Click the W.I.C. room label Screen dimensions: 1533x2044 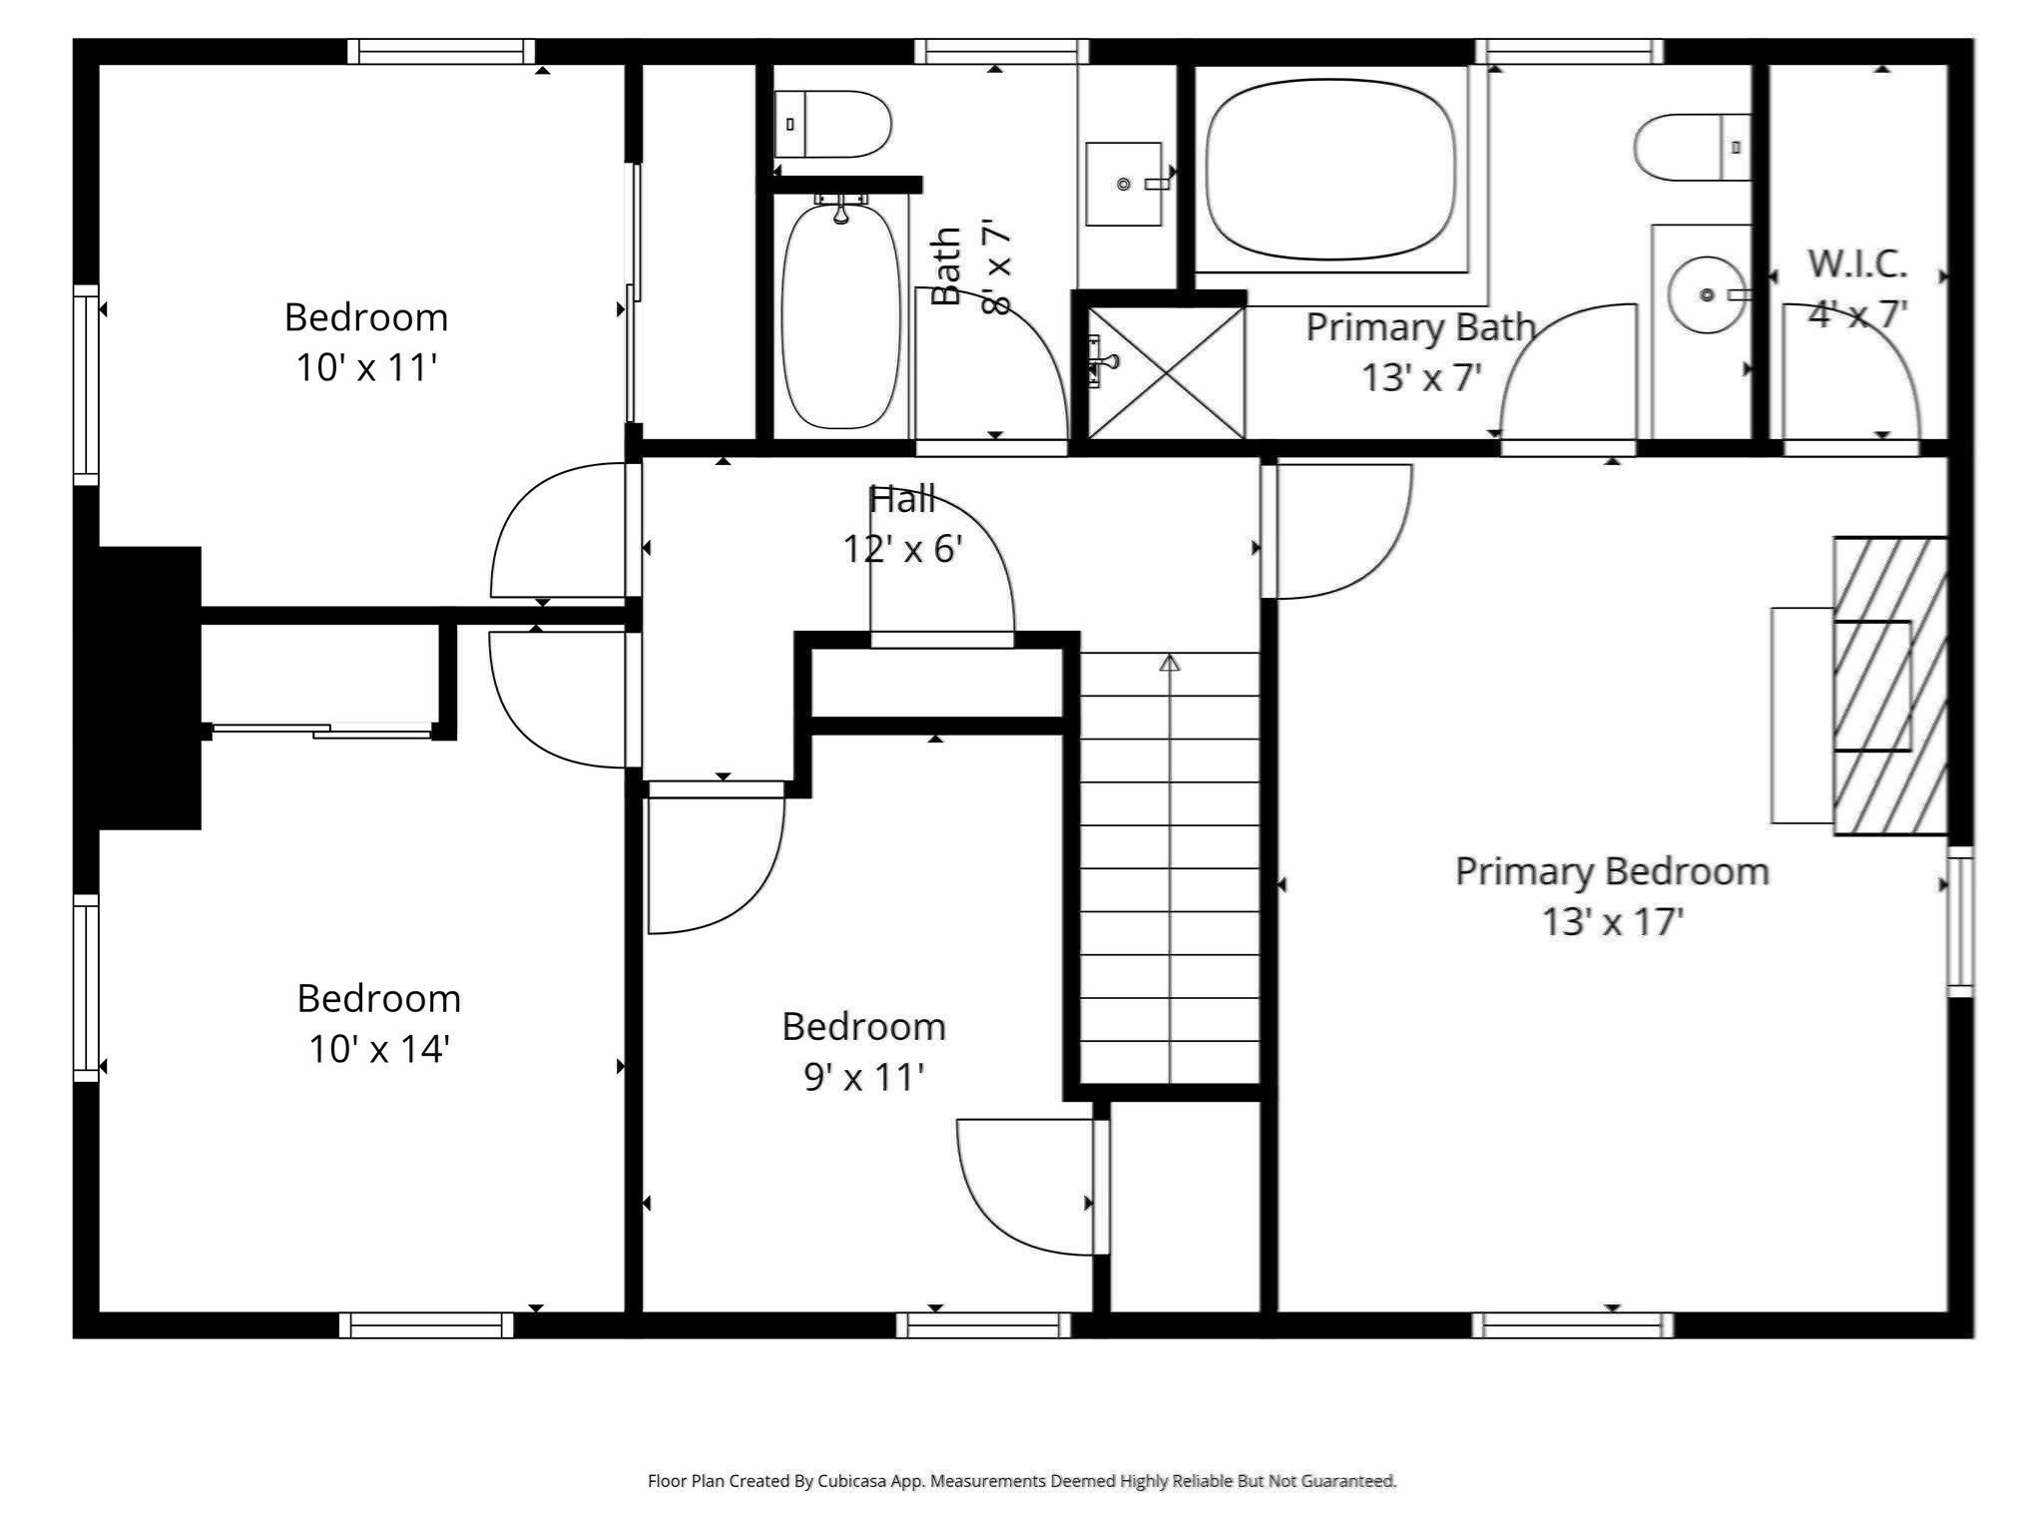pyautogui.click(x=1857, y=264)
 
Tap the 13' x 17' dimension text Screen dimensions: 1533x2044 pyautogui.click(x=1612, y=921)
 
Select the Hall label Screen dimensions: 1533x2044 pyautogui.click(x=902, y=499)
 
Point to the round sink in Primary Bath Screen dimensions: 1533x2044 pyautogui.click(x=1707, y=295)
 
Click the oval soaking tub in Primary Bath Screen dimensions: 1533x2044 pyautogui.click(x=1330, y=168)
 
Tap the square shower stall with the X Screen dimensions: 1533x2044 pyautogui.click(x=1166, y=372)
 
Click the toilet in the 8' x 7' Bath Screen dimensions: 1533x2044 pyautogui.click(x=833, y=125)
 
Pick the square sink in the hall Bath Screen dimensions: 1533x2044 pyautogui.click(x=1124, y=185)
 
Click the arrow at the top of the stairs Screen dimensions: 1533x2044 pyautogui.click(x=1170, y=663)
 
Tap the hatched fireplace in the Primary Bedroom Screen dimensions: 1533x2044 pyautogui.click(x=1890, y=686)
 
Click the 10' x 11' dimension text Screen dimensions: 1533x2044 pyautogui.click(x=366, y=368)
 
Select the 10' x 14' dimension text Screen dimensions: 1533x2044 pyautogui.click(x=378, y=1049)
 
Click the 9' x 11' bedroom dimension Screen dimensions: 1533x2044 pyautogui.click(x=863, y=1077)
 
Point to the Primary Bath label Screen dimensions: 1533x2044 pyautogui.click(x=1419, y=327)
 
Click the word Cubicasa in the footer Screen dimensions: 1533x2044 pyautogui.click(x=853, y=1481)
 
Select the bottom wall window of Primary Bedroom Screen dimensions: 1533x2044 pyautogui.click(x=1572, y=1325)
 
